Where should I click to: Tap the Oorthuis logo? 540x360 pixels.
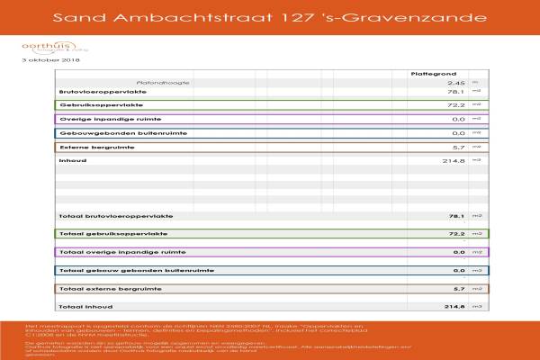click(x=42, y=48)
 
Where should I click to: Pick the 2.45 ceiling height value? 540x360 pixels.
click(x=456, y=82)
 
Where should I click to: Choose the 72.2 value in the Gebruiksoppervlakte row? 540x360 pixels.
click(x=455, y=105)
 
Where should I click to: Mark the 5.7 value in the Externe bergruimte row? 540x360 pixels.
click(x=458, y=147)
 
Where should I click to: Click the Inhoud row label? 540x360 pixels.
click(x=72, y=160)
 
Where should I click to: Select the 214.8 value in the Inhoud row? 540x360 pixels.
click(x=453, y=160)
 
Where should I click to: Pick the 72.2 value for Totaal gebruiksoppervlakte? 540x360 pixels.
click(x=455, y=234)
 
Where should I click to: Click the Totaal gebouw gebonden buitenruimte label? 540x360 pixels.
click(x=136, y=270)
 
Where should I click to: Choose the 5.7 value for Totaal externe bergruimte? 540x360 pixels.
click(x=458, y=289)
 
